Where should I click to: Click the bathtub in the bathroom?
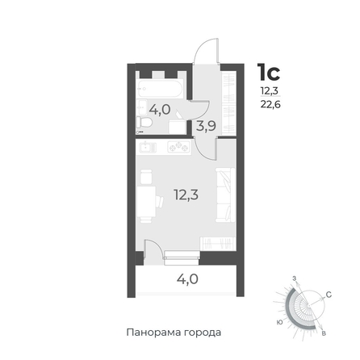(161, 89)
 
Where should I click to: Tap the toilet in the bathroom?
(144, 123)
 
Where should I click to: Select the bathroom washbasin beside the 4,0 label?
(141, 107)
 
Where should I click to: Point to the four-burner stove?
(178, 147)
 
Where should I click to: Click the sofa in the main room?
(225, 195)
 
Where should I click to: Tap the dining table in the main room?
(146, 202)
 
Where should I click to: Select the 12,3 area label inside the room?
(186, 195)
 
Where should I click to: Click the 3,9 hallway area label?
(206, 126)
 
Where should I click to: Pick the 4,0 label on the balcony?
(187, 279)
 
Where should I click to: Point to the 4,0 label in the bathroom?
(160, 110)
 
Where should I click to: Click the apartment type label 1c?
(269, 72)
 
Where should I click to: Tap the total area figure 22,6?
(270, 104)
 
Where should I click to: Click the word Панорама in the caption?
(153, 333)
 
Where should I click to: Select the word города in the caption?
(203, 333)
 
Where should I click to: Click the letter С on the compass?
(329, 295)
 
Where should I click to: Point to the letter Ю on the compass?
(280, 322)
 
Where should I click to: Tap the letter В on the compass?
(324, 333)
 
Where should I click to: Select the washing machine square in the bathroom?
(177, 127)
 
